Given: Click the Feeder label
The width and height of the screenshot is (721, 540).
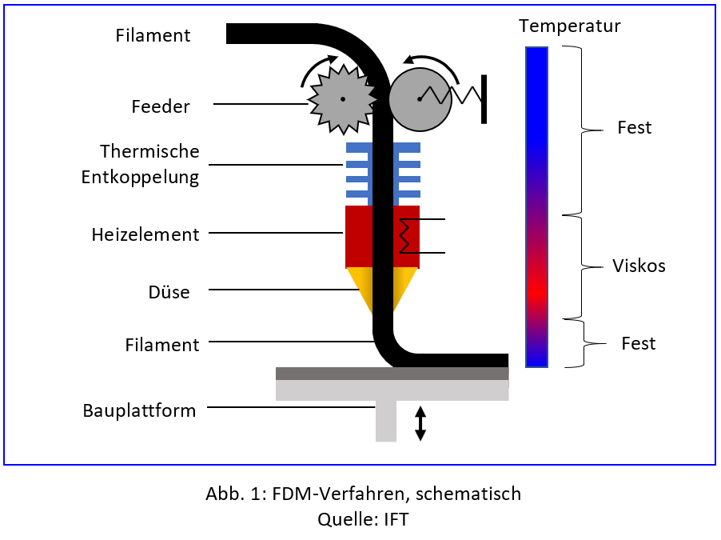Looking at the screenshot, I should point(161,106).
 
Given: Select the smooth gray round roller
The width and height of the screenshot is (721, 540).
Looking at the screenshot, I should point(417,98).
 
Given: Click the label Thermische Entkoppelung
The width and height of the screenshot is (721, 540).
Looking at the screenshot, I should point(141,164).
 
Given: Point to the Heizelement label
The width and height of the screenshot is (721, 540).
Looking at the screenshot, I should point(145,234).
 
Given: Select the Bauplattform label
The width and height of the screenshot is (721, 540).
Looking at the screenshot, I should point(139,411).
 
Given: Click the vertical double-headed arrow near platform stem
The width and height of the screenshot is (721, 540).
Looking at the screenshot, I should point(420,424).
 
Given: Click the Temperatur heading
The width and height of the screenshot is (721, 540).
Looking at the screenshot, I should point(569,26).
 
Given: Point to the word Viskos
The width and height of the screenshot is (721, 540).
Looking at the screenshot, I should point(639,266).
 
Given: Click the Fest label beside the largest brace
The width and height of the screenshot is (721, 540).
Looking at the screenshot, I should point(635,127).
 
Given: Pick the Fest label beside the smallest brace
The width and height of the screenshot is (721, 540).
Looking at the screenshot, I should point(638,343).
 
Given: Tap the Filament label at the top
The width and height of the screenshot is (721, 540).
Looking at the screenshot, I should point(153,35).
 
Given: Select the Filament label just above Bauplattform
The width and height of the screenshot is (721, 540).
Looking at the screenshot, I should point(162,345).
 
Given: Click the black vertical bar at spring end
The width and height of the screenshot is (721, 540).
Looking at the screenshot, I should point(484,98).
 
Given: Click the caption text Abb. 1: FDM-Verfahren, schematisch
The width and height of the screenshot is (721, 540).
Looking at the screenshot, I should point(363,494).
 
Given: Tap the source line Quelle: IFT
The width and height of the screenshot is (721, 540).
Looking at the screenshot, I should point(363,519).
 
